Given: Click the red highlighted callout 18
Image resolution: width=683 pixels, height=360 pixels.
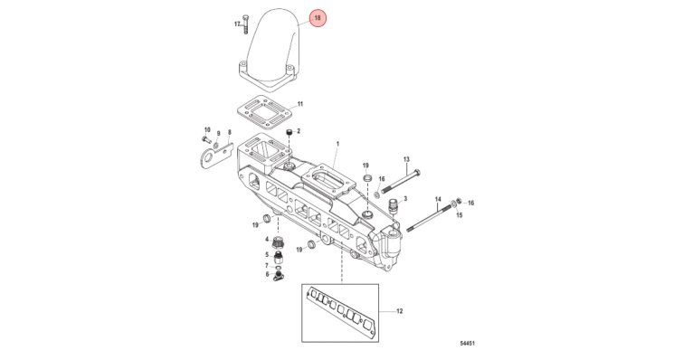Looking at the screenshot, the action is (x=318, y=18).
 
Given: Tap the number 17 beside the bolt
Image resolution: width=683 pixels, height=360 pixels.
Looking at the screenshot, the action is (x=237, y=24).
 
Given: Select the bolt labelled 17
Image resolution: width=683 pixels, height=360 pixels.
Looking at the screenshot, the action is (x=245, y=24).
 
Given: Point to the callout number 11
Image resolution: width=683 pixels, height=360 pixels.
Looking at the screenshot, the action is (x=300, y=104).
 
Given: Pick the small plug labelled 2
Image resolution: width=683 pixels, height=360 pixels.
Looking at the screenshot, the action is (x=289, y=132).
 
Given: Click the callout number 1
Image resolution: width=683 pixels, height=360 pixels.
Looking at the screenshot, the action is (x=337, y=143).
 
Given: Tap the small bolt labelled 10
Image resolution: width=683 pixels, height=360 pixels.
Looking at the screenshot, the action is (x=206, y=139).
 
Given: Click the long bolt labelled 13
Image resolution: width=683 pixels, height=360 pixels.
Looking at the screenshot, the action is (x=401, y=181).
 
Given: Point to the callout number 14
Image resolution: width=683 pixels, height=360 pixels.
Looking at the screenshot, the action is (x=438, y=199).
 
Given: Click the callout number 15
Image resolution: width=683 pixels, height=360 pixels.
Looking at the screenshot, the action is (x=460, y=215).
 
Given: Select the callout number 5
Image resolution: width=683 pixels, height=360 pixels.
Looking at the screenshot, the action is (x=268, y=255).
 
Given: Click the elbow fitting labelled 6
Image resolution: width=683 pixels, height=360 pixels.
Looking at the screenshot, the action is (x=278, y=276).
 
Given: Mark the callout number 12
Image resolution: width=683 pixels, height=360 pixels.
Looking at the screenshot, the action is (x=400, y=311).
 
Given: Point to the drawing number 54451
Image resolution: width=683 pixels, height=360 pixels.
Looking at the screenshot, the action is (x=467, y=344).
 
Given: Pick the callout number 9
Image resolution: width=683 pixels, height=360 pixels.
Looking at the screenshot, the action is (x=219, y=133).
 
